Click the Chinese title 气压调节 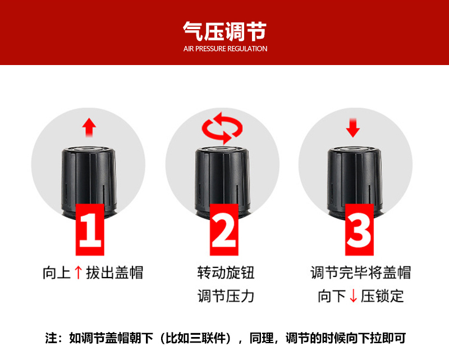(225, 31)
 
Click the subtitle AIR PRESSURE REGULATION (226, 49)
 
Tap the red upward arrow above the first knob (89, 127)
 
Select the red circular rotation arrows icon (222, 128)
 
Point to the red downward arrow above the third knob (353, 128)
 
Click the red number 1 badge (90, 229)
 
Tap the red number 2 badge (224, 229)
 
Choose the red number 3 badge (359, 229)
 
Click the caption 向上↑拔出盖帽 (93, 273)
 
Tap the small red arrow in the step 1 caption (78, 273)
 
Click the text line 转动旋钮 (226, 273)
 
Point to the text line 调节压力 (226, 296)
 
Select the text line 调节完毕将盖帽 (360, 273)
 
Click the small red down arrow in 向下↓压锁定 (354, 296)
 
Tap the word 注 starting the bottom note (51, 338)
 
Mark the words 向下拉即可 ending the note (375, 338)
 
